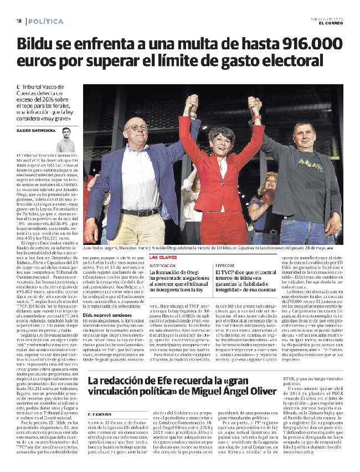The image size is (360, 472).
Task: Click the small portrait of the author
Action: [65, 140]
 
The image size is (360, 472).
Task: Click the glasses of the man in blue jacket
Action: [136, 127]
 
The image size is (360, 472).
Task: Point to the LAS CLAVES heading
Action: [163, 258]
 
